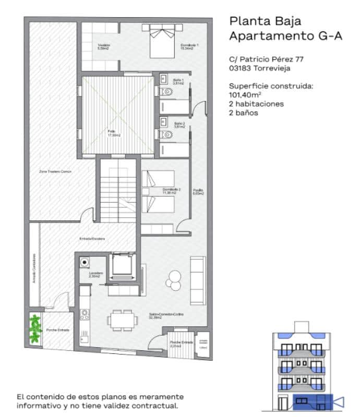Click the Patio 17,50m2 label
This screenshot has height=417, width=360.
click(x=114, y=133)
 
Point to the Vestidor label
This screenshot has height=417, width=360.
click(x=103, y=46)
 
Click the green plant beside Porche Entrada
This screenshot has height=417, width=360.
click(x=34, y=328)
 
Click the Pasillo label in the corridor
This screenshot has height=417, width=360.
click(x=198, y=191)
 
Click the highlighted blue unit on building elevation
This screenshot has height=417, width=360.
click(x=311, y=400)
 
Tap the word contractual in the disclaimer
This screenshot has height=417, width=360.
click(x=161, y=405)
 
